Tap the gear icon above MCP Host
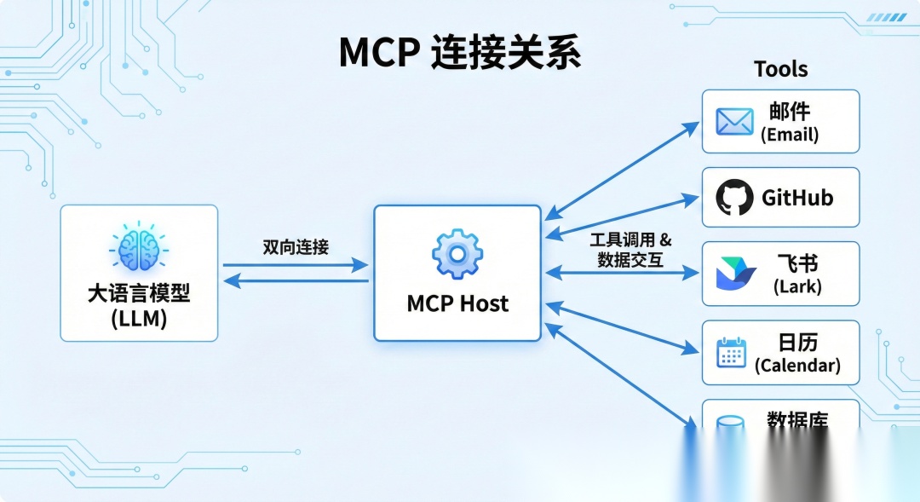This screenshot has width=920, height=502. (457, 252)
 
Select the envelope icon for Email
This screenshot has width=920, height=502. (734, 122)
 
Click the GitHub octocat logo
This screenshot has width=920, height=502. (734, 198)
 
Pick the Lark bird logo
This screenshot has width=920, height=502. (735, 274)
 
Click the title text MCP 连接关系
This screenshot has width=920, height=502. (459, 53)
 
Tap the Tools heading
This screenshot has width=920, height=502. (780, 69)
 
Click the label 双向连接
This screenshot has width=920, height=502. (296, 247)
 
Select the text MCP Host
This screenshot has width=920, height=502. (457, 303)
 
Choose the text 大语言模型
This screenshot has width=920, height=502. (139, 295)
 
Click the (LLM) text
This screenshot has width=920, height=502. (139, 320)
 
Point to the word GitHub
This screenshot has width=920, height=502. (797, 199)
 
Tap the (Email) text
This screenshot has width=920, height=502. (790, 135)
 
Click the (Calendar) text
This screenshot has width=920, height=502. (797, 366)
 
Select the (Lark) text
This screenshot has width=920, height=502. (797, 287)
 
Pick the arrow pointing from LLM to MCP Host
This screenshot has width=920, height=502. (295, 265)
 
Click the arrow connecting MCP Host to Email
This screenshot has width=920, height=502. (622, 169)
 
